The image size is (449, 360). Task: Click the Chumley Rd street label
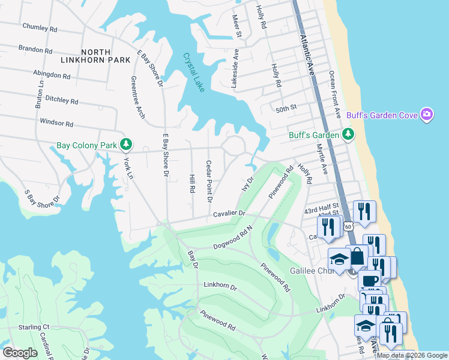point(40,27)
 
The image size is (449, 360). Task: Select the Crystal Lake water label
point(194,73)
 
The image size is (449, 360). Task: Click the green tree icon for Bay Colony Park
point(125,145)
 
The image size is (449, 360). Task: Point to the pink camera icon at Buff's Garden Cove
point(427,115)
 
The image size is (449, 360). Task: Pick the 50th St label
point(286,108)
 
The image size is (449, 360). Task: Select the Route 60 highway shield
point(348,226)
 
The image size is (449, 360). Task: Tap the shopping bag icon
point(357,256)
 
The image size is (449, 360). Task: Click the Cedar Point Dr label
point(209,181)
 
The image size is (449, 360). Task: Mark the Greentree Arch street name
point(137,97)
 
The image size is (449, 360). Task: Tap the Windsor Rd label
point(56,123)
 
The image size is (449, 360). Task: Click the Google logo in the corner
point(20,352)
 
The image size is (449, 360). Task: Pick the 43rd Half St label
point(321,206)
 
